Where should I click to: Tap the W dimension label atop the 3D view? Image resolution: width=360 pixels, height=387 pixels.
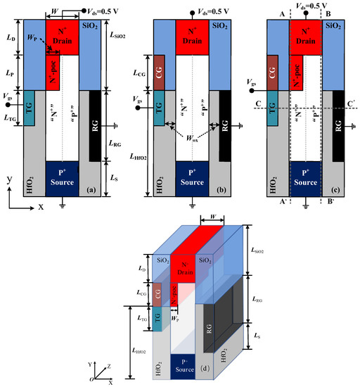tap(211, 220)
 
